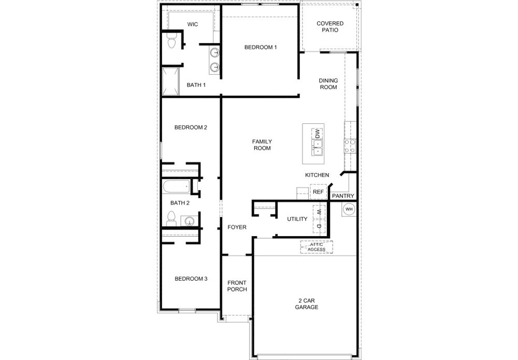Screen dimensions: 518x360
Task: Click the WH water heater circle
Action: [x=349, y=209]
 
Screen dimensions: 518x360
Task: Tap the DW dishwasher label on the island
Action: [x=317, y=134]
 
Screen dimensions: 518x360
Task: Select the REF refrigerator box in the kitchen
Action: [x=319, y=192]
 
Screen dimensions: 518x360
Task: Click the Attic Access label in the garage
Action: [x=316, y=247]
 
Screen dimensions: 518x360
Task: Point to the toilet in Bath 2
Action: [x=171, y=219]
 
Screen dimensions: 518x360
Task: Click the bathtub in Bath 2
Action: [x=176, y=186]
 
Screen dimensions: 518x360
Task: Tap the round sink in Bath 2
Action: [x=190, y=221]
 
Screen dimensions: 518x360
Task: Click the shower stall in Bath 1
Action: [x=170, y=81]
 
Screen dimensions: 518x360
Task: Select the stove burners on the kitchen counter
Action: [x=350, y=146]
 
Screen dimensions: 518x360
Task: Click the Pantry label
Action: [x=343, y=196]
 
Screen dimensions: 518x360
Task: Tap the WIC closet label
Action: [x=193, y=24]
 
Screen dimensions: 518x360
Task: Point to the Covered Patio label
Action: [x=330, y=27]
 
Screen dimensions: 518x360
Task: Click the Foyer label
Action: [x=237, y=227]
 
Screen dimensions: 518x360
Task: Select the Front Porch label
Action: [x=237, y=286]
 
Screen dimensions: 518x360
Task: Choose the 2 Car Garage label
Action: [x=307, y=304]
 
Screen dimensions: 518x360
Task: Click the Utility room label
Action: [x=297, y=219]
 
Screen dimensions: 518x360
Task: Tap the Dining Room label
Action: [x=328, y=84]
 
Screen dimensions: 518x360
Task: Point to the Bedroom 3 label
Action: [x=191, y=279]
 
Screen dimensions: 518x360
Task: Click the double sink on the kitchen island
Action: [x=317, y=148]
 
